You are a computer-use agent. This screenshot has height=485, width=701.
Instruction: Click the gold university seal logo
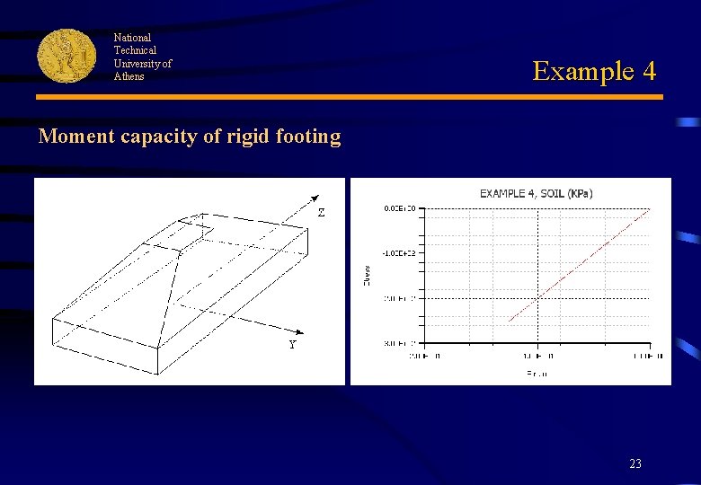tap(66, 56)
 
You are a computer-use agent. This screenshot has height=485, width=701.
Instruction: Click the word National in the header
tap(132, 38)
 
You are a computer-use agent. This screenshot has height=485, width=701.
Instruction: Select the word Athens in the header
tap(129, 76)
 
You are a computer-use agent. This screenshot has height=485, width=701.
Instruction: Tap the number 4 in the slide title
tap(648, 70)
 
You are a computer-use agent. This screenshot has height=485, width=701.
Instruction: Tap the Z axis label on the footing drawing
tap(321, 213)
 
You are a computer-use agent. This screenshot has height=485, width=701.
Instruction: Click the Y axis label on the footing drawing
tap(293, 345)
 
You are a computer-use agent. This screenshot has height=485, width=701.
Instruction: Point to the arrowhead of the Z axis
tap(317, 197)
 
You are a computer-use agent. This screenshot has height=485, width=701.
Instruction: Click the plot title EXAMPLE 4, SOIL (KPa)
tap(536, 193)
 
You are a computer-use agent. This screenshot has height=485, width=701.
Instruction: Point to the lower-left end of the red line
tap(509, 321)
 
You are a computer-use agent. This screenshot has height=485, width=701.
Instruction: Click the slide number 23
tap(635, 464)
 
